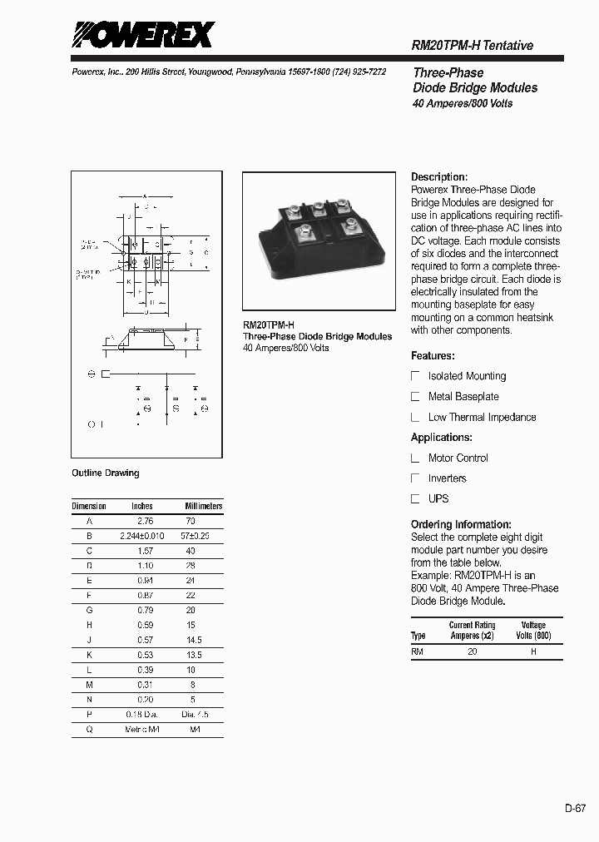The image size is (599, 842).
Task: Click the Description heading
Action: click(439, 177)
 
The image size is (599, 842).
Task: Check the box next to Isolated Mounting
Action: click(416, 376)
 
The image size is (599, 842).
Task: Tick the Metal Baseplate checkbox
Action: click(416, 397)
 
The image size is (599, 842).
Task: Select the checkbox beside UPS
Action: click(416, 499)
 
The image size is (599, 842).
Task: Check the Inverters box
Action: click(416, 478)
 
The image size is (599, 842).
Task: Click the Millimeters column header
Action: click(203, 506)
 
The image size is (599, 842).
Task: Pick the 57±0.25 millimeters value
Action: click(196, 536)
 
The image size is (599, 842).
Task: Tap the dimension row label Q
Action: click(89, 730)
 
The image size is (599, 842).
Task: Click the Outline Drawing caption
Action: click(106, 473)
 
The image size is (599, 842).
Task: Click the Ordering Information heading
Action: click(461, 525)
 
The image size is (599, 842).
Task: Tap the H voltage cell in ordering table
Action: click(533, 652)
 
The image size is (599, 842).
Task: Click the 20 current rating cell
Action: click(472, 652)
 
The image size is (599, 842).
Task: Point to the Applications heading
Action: click(442, 438)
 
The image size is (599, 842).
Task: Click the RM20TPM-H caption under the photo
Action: click(268, 325)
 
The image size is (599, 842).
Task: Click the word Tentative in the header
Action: click(508, 46)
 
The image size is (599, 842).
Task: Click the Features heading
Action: click(433, 356)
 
